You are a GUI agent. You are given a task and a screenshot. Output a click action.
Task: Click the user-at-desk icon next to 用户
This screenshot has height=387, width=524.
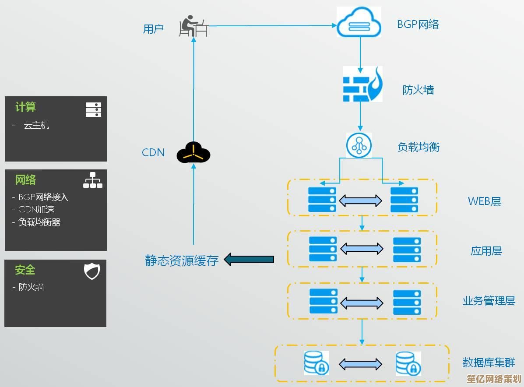(193, 26)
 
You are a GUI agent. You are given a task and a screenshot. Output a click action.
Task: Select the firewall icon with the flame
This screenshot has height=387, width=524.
(362, 84)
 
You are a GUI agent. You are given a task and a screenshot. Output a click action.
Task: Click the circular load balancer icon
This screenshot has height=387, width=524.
(359, 145)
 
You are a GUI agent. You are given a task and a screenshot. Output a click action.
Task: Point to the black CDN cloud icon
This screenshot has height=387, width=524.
(193, 153)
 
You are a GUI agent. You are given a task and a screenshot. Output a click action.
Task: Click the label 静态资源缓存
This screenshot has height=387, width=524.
(182, 260)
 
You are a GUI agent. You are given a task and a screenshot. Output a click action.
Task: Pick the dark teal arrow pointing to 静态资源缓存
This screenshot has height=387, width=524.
(249, 259)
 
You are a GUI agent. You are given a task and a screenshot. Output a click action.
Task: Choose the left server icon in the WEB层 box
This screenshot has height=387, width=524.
(322, 200)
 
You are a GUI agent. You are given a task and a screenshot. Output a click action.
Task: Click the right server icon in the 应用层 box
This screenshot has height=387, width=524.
(407, 250)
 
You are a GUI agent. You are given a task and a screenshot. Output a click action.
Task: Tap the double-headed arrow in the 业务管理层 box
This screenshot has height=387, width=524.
(362, 303)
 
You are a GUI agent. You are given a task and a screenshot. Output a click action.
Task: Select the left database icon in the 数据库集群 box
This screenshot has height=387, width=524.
(316, 363)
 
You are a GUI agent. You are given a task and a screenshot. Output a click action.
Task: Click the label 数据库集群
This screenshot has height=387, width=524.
(489, 362)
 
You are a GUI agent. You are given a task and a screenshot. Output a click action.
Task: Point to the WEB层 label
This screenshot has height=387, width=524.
(484, 201)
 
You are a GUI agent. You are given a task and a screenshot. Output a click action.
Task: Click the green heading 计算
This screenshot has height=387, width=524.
(25, 107)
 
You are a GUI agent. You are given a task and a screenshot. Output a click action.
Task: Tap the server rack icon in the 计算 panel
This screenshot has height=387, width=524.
(93, 109)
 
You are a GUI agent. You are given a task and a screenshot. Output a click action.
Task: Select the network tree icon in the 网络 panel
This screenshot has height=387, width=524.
(93, 180)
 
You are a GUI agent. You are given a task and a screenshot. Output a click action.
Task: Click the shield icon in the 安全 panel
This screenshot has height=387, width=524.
(92, 271)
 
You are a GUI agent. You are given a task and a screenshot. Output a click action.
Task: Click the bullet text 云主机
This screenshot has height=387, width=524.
(36, 126)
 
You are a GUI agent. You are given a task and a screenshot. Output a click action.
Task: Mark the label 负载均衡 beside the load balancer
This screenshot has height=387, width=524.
(418, 147)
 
